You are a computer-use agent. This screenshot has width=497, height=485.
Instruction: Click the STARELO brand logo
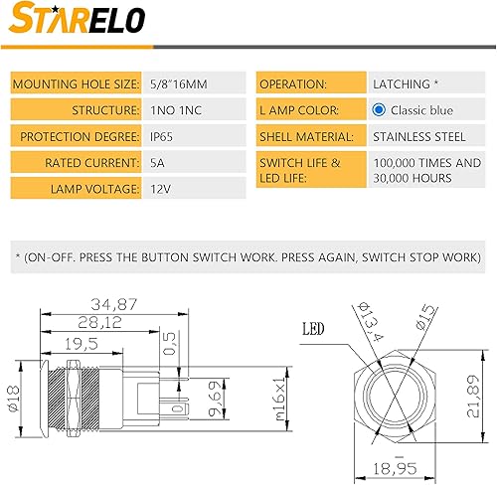(79, 20)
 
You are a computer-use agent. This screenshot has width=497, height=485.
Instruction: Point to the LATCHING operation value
(409, 84)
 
